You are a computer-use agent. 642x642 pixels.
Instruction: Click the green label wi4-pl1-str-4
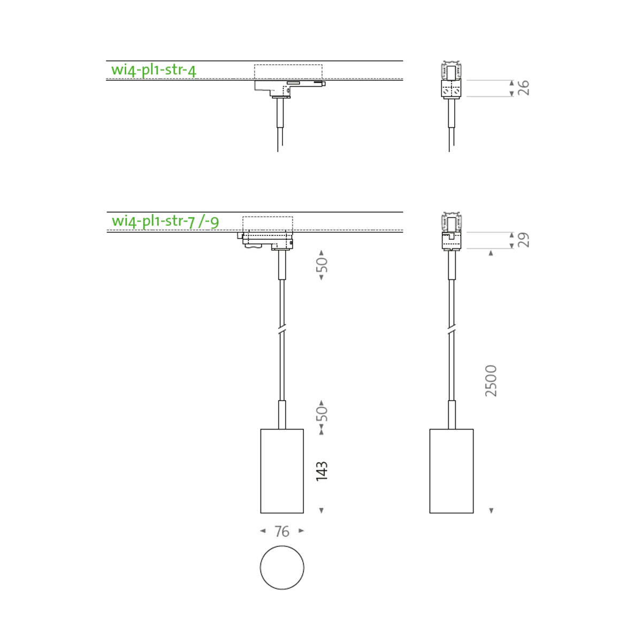tap(154, 70)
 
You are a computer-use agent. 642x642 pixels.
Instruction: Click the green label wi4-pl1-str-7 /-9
tap(165, 221)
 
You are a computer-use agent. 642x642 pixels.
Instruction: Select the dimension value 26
tap(524, 88)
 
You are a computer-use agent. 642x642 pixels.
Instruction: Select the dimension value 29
tap(524, 240)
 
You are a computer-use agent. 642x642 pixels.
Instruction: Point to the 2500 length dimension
tap(491, 381)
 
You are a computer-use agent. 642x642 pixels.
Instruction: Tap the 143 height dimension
tap(321, 471)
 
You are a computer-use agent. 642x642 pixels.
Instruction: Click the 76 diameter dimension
tap(282, 531)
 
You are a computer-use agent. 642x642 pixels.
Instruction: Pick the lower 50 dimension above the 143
tap(322, 414)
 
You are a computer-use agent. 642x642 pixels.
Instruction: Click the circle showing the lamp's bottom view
tap(282, 568)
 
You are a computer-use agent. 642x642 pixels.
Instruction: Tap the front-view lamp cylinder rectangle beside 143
tap(282, 471)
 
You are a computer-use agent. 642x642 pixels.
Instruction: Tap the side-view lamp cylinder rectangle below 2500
tap(452, 471)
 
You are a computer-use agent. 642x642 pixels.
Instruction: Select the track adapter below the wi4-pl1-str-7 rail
tap(267, 240)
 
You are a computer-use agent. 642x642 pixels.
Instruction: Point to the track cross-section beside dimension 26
tap(451, 80)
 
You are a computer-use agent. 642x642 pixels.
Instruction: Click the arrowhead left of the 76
tap(263, 531)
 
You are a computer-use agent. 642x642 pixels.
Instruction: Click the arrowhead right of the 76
tap(301, 531)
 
